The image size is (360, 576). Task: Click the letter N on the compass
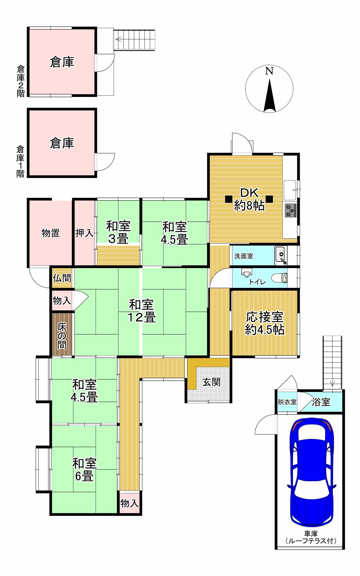click(x=269, y=71)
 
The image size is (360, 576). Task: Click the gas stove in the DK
click(x=290, y=210)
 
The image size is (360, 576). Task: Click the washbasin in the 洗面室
click(x=281, y=255)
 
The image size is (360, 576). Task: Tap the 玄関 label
click(x=211, y=382)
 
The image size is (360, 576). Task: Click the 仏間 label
click(x=62, y=278)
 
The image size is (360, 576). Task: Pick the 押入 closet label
click(x=84, y=233)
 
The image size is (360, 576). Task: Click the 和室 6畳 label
click(x=84, y=469)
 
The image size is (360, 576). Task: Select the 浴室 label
click(x=321, y=402)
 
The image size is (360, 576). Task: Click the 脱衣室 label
click(x=287, y=402)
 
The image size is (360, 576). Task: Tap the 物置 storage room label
click(x=51, y=233)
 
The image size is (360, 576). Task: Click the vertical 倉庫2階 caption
click(x=21, y=81)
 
